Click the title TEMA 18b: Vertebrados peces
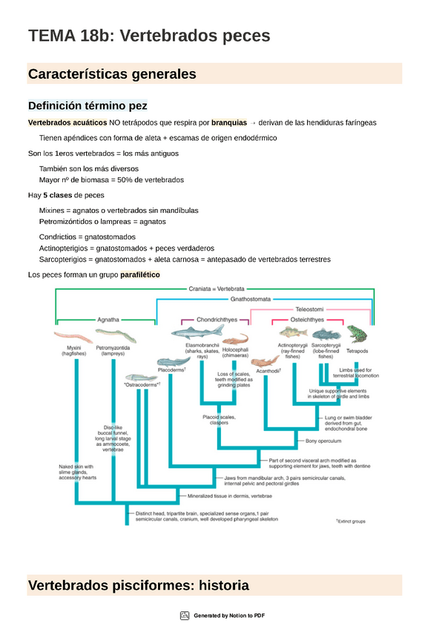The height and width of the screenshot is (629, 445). pyautogui.click(x=149, y=36)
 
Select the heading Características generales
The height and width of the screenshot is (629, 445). pyautogui.click(x=112, y=74)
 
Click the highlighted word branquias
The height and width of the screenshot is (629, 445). pyautogui.click(x=228, y=122)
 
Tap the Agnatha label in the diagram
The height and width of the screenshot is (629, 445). pyautogui.click(x=108, y=319)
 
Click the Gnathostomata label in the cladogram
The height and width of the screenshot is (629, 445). pyautogui.click(x=250, y=300)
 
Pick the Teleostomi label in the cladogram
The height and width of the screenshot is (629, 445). pyautogui.click(x=309, y=308)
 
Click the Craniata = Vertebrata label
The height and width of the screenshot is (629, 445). pyautogui.click(x=216, y=289)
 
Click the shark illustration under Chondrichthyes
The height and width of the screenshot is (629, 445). pyautogui.click(x=198, y=332)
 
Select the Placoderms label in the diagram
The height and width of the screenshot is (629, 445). pyautogui.click(x=172, y=369)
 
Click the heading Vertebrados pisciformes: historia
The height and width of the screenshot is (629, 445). pyautogui.click(x=138, y=585)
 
